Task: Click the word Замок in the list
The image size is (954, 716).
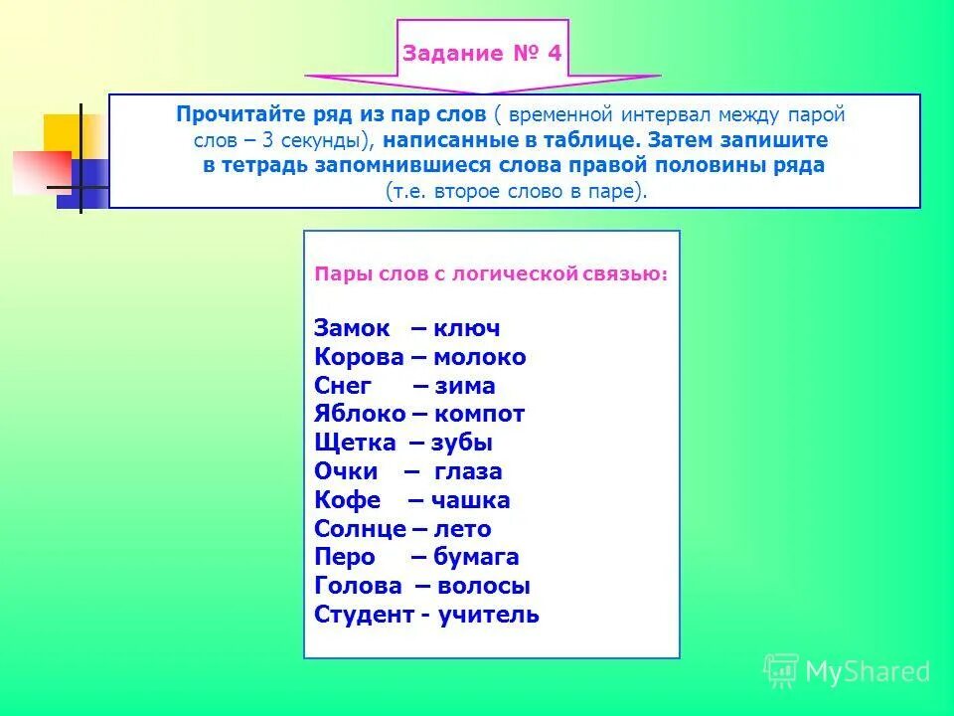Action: point(352,329)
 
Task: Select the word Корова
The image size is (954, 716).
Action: point(359,358)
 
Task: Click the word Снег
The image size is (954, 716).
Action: point(343,387)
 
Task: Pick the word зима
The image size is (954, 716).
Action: point(464,387)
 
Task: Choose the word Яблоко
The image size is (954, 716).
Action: point(360,415)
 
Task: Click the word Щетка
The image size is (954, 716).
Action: point(355,444)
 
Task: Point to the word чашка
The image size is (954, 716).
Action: point(471,501)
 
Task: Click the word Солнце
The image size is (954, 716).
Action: point(360,529)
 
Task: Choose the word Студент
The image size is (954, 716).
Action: point(362,615)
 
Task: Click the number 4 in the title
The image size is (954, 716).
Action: point(555,54)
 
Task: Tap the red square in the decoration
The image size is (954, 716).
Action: point(41,171)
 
